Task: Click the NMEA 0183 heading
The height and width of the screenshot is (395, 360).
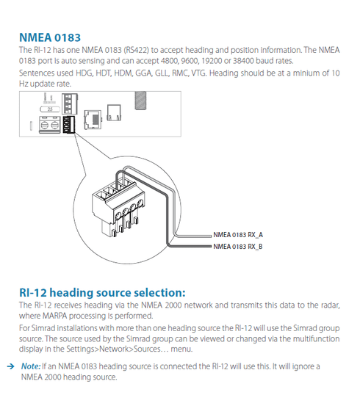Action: [50, 37]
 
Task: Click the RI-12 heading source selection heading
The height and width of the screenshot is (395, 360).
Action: [102, 293]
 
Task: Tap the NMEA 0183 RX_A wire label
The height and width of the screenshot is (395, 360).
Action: [238, 235]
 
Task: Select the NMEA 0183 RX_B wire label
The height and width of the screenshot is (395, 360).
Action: [238, 247]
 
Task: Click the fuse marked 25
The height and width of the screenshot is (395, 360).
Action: [50, 109]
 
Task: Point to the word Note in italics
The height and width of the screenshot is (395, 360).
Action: [31, 366]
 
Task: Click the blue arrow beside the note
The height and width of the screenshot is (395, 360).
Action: [10, 366]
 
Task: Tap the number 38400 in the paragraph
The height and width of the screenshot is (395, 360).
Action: [243, 61]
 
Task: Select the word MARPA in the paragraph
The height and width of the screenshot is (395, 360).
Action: [54, 316]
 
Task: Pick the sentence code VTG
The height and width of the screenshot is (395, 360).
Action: [199, 73]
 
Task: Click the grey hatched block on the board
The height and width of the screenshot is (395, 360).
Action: [140, 101]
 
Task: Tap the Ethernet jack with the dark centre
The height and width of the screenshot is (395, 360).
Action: [93, 120]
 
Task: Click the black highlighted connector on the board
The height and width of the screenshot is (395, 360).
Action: [69, 124]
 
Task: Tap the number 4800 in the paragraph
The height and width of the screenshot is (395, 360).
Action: [170, 61]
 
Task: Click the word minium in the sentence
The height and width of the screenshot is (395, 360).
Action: [307, 73]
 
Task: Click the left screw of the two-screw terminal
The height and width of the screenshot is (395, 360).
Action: [44, 125]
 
